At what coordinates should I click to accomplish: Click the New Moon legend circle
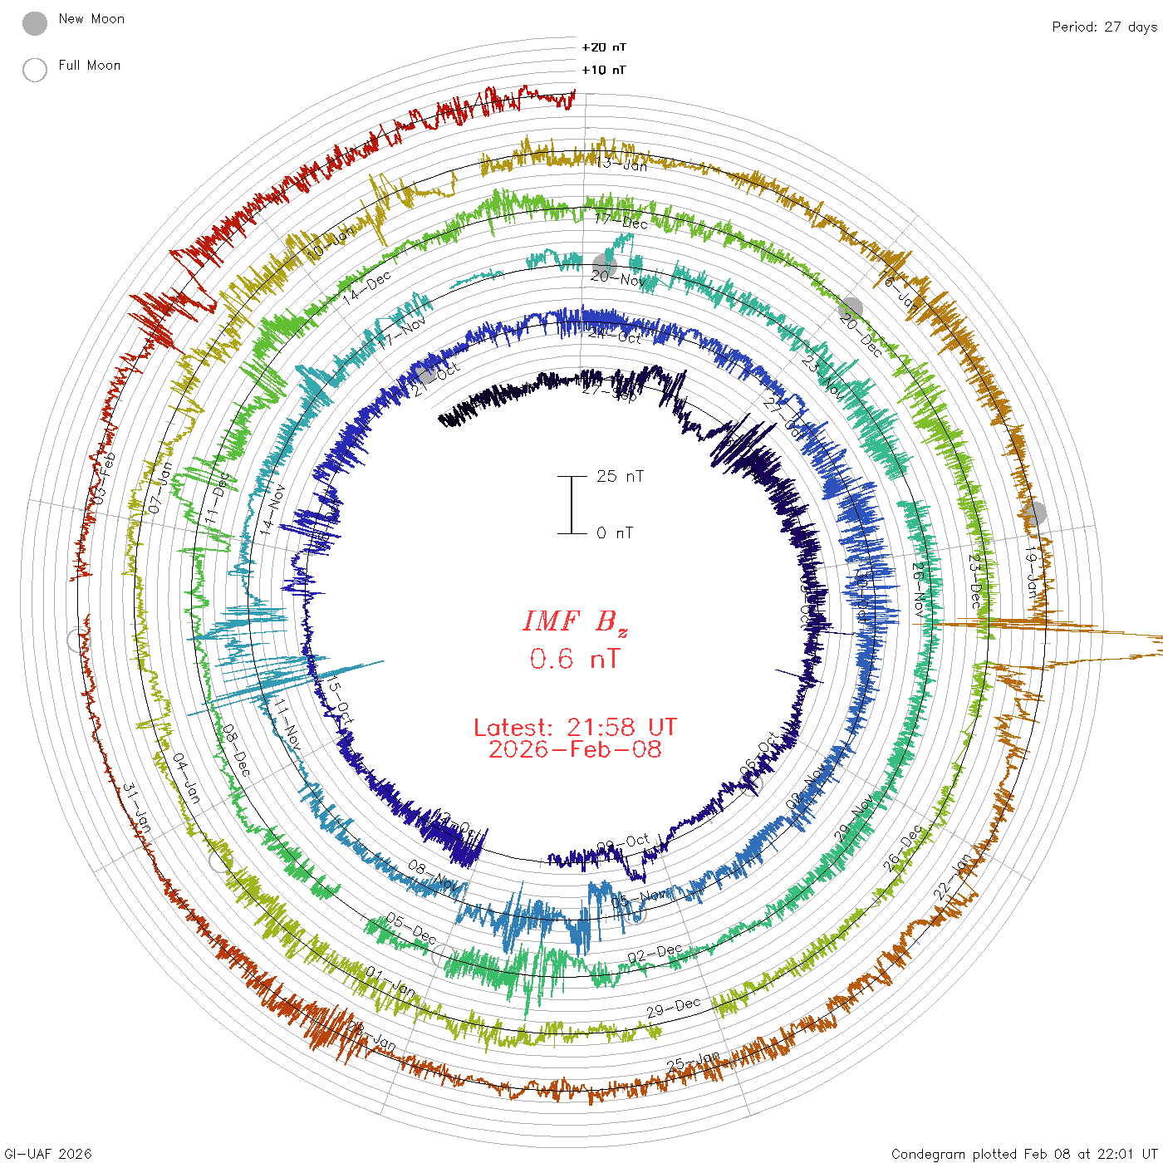35,23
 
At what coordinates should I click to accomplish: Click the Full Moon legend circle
35,70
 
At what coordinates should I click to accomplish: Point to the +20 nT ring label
604,47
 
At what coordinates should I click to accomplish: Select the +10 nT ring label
604,70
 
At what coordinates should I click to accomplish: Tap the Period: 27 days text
1104,27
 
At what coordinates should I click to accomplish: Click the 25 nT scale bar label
620,476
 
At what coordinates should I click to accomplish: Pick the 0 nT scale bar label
615,532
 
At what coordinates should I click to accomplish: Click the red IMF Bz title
575,621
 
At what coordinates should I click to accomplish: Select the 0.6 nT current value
575,659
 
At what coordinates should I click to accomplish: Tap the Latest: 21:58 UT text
575,728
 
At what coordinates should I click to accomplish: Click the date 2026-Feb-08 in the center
575,749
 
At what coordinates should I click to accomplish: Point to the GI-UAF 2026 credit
48,1154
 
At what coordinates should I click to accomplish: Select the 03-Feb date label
104,478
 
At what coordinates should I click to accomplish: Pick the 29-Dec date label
674,1008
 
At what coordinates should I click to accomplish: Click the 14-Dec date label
368,287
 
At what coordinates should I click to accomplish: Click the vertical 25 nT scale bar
572,504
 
